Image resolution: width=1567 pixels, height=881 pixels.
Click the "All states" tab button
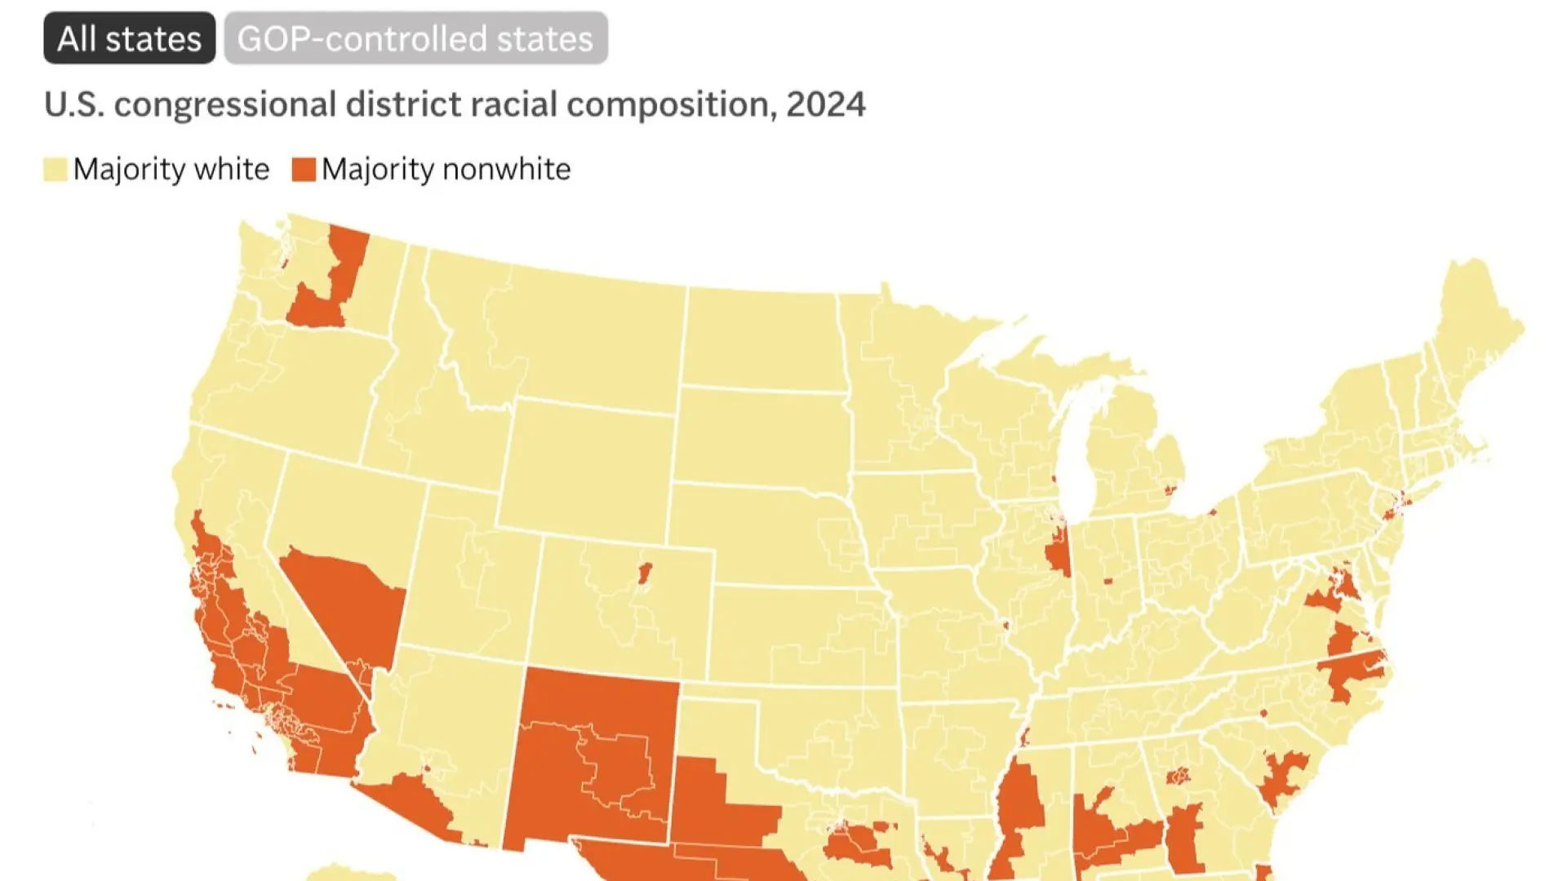129,38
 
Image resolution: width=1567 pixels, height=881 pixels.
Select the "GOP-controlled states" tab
415,38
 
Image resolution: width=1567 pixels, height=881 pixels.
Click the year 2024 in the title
825,104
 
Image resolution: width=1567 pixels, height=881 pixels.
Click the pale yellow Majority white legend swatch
55,170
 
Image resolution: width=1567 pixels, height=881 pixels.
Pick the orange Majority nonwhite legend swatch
304,170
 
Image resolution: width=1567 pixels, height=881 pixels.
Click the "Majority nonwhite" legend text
446,170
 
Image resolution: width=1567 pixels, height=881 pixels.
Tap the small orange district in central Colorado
645,572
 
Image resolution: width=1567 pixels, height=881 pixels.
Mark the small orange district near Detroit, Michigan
1170,489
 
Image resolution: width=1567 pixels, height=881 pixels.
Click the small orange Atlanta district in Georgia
1178,776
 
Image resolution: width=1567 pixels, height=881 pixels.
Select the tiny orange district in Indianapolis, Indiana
1108,581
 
